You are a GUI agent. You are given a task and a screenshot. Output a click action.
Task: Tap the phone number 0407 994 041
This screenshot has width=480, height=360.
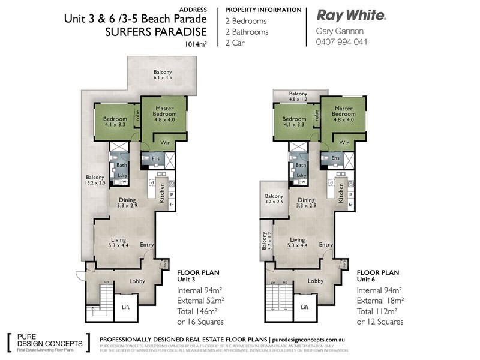pyautogui.click(x=341, y=42)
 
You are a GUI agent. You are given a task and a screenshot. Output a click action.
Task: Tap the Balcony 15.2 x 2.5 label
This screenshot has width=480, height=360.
pyautogui.click(x=95, y=181)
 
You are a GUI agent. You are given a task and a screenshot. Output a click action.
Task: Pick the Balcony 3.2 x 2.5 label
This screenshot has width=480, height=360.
pyautogui.click(x=274, y=200)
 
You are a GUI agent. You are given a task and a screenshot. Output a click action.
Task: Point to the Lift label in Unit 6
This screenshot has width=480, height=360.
pyautogui.click(x=304, y=307)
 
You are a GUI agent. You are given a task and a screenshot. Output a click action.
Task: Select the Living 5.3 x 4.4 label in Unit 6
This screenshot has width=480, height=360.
pyautogui.click(x=298, y=242)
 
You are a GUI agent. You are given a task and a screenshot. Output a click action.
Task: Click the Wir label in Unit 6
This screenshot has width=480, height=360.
pyautogui.click(x=344, y=143)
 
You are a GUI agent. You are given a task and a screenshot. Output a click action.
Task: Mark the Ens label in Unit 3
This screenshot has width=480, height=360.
pyautogui.click(x=155, y=158)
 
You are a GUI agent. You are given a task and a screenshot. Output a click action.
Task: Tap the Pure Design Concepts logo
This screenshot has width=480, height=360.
pyautogui.click(x=48, y=341)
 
